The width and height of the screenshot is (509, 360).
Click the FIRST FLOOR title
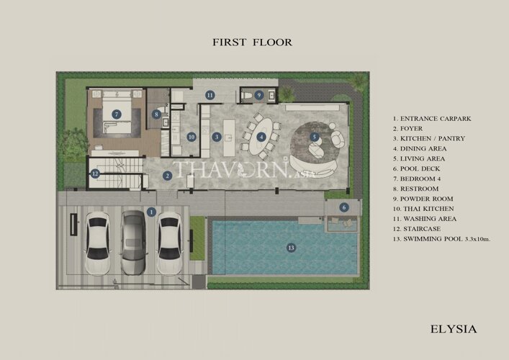point(252,42)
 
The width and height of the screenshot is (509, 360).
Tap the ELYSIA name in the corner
point(454,329)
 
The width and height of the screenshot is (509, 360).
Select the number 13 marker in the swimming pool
point(291,248)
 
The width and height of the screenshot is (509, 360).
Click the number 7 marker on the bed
point(117,114)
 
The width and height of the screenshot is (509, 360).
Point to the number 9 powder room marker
point(258,95)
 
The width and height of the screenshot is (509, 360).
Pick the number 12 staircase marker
point(95,174)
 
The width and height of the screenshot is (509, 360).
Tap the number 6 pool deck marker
point(344,207)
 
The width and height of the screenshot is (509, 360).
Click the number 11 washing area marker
point(210,95)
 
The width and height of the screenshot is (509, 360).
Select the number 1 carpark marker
point(151,212)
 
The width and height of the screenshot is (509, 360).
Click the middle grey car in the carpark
point(133,243)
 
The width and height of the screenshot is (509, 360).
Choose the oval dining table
point(261,136)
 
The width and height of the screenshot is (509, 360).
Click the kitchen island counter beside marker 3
point(229,138)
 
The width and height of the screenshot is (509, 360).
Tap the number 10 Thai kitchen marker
point(192,137)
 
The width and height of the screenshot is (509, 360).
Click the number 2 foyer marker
point(167,176)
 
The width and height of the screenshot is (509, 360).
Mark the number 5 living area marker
point(314,137)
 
